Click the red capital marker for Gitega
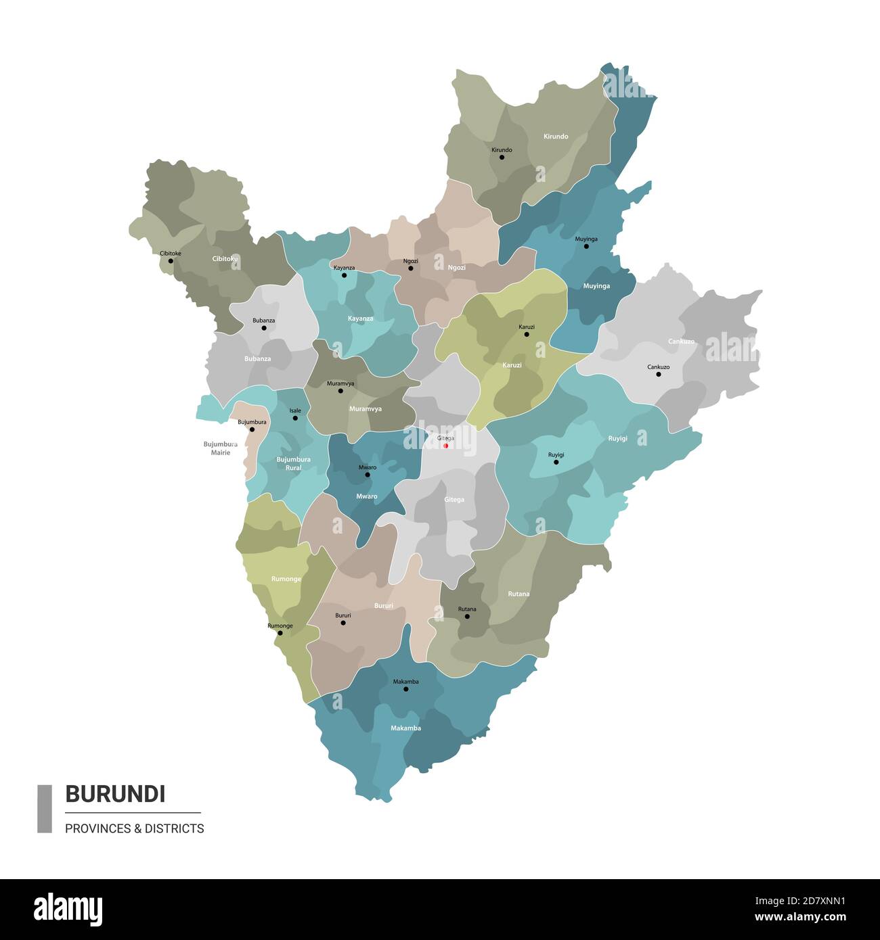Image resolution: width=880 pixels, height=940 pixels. [x=445, y=446]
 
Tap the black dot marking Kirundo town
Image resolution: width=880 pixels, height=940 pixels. [x=502, y=158]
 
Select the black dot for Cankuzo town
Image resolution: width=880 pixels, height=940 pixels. [x=658, y=374]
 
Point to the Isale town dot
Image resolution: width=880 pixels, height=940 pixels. [x=295, y=418]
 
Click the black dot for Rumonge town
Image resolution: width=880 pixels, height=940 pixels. [x=280, y=633]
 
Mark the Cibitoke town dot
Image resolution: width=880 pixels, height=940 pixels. [x=171, y=261]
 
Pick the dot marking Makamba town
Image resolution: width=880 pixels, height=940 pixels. [x=406, y=689]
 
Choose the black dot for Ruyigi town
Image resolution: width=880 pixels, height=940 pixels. [x=556, y=463]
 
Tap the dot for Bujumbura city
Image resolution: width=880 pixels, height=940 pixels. [x=252, y=429]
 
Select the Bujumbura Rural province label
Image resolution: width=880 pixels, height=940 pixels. [x=293, y=463]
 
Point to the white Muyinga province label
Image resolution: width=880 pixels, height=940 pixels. [x=596, y=286]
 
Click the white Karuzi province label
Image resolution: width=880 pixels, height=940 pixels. [x=512, y=365]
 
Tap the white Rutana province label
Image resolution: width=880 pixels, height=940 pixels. [x=519, y=594]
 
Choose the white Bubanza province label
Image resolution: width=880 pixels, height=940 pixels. [x=257, y=358]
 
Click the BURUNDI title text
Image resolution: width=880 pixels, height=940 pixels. [x=115, y=793]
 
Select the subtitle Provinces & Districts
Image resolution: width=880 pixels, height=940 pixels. [x=134, y=828]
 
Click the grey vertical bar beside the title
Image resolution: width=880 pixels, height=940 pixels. [x=45, y=808]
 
